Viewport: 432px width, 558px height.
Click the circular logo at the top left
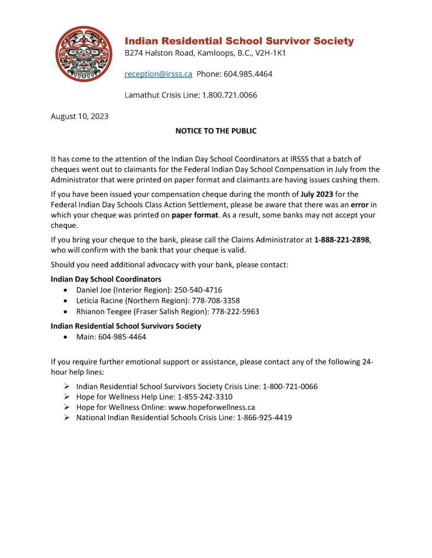click(83, 53)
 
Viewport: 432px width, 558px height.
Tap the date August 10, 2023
click(79, 116)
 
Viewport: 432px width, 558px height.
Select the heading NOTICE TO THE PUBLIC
click(215, 131)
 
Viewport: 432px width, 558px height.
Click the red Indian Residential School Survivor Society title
click(239, 41)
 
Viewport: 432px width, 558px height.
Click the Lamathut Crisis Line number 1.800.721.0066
click(230, 95)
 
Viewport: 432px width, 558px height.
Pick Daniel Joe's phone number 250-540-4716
click(198, 289)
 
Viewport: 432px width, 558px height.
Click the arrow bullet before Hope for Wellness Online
click(66, 407)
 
